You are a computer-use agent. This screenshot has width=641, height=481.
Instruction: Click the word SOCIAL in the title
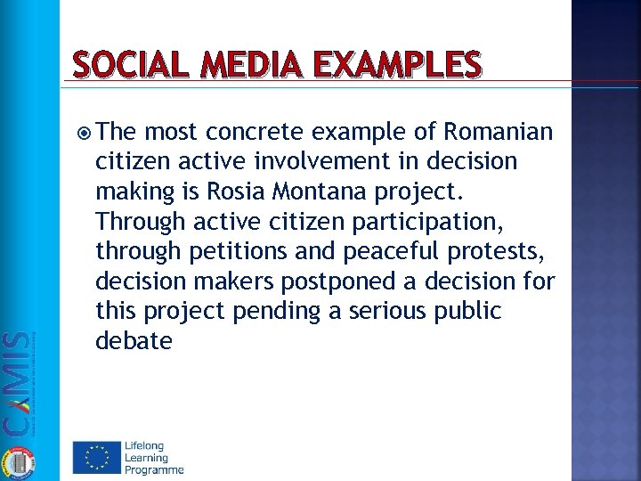click(126, 64)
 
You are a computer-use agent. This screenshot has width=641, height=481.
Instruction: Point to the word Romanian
click(498, 133)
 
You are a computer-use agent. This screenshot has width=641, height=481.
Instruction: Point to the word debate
click(134, 340)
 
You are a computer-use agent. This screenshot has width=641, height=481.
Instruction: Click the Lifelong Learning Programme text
click(154, 457)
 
